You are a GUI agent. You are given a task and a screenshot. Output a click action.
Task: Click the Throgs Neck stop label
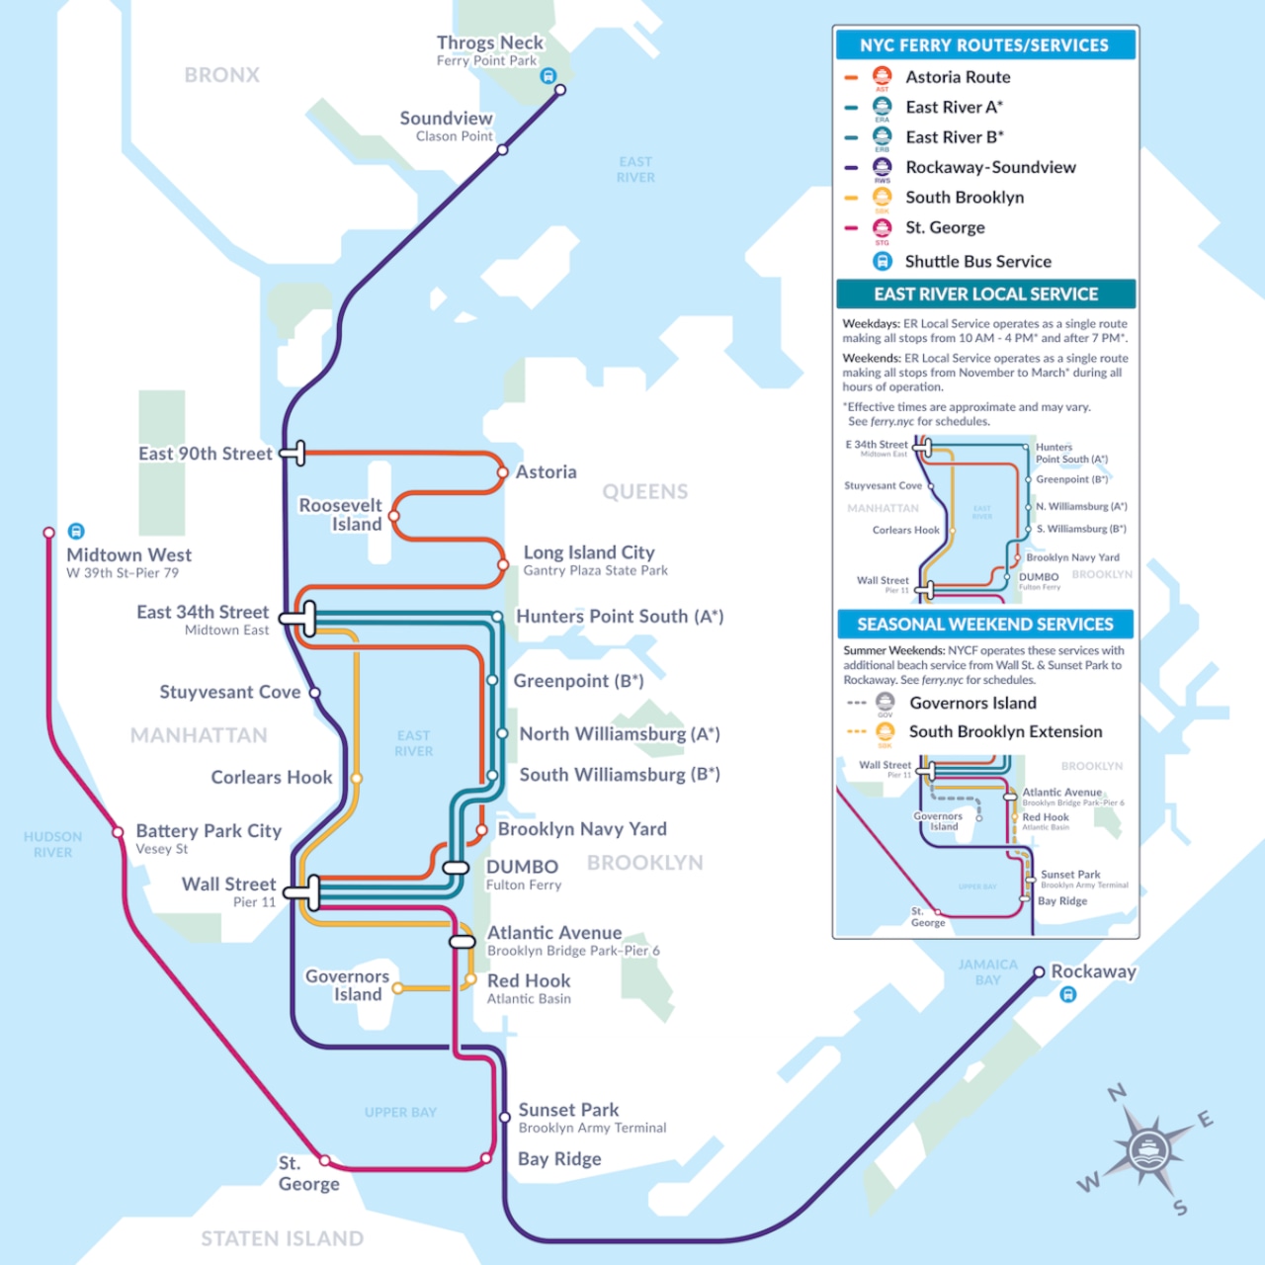click(x=490, y=43)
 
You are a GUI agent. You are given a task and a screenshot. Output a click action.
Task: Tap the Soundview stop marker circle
click(x=502, y=150)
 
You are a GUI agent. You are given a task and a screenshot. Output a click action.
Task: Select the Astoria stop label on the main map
click(x=546, y=472)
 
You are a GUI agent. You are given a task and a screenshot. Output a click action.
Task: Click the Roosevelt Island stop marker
click(x=394, y=516)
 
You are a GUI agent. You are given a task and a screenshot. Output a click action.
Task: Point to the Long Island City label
click(x=589, y=552)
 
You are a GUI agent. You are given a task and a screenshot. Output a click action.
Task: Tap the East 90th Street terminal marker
click(x=295, y=454)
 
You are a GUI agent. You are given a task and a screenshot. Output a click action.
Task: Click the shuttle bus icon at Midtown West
click(x=76, y=531)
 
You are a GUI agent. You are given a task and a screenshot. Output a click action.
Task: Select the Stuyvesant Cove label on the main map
click(x=229, y=692)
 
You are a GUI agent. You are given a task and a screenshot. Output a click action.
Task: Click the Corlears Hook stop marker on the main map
click(x=357, y=778)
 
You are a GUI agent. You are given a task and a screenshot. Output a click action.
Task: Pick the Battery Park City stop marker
click(x=118, y=831)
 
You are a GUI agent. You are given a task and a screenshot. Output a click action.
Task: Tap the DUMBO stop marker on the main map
click(x=456, y=868)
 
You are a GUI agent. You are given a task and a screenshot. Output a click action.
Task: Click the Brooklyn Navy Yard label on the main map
click(x=582, y=829)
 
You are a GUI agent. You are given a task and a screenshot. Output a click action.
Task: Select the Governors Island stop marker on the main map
click(x=397, y=987)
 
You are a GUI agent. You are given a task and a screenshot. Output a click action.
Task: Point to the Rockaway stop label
click(x=1093, y=971)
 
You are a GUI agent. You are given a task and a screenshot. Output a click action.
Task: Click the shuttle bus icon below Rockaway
click(x=1067, y=995)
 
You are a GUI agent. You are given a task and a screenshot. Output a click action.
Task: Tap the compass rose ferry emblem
click(x=1146, y=1149)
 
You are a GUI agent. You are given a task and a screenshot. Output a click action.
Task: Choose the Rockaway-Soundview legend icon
click(x=882, y=167)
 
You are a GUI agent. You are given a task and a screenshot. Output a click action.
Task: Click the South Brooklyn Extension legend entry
click(x=1005, y=731)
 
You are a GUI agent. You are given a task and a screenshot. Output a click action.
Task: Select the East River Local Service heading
click(x=985, y=295)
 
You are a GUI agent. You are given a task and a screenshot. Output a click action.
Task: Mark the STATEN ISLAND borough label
click(x=282, y=1238)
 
